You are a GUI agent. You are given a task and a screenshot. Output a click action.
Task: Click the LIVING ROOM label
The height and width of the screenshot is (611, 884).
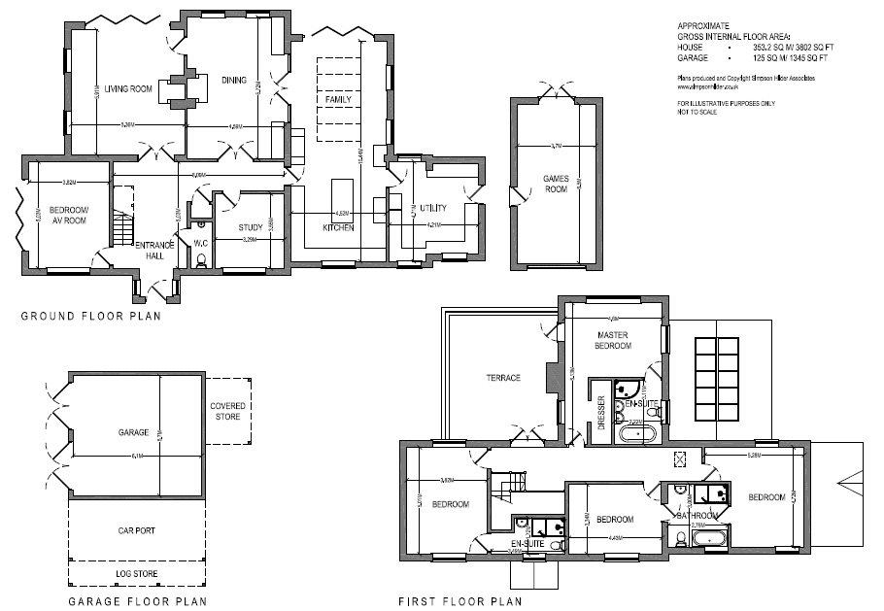(129, 89)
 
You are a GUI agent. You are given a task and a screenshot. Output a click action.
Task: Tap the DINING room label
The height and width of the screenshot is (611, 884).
(233, 80)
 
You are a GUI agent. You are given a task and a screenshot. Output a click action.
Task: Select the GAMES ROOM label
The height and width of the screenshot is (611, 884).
(555, 184)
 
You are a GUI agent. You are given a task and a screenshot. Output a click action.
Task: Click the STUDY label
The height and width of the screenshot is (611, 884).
(251, 228)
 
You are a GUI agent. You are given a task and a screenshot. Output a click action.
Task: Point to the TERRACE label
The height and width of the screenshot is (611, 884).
(504, 378)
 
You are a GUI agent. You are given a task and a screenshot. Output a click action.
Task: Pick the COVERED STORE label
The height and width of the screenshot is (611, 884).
(228, 411)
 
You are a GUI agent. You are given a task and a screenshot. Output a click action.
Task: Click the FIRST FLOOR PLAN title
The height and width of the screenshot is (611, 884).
(459, 601)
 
